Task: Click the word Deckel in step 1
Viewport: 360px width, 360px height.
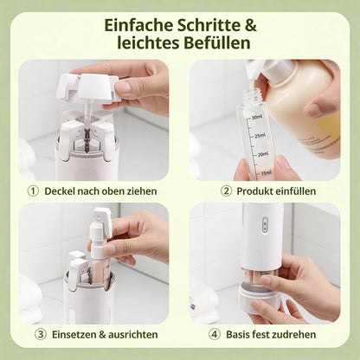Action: pyautogui.click(x=66, y=190)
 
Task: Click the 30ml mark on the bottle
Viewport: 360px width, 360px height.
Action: pyautogui.click(x=257, y=117)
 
